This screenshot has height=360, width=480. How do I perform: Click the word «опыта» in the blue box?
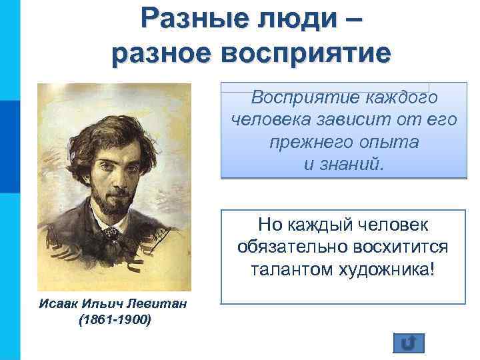(x=381, y=143)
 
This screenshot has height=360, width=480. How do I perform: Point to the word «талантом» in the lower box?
(x=289, y=270)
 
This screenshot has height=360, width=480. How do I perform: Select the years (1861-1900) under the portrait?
(x=115, y=320)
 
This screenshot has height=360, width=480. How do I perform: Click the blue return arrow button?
(x=409, y=342)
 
